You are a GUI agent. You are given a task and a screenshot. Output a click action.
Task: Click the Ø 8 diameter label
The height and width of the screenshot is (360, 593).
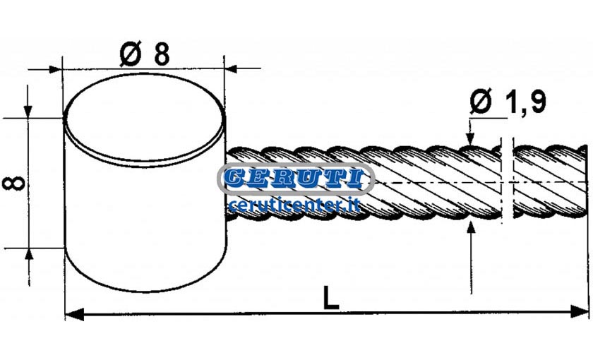click(145, 54)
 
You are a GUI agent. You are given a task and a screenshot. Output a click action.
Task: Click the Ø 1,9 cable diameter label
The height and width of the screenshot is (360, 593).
click(508, 102)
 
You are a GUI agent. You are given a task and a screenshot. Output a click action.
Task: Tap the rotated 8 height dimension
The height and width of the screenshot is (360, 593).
click(13, 183)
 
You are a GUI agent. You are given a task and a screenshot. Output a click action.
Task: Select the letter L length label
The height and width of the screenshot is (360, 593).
click(331, 298)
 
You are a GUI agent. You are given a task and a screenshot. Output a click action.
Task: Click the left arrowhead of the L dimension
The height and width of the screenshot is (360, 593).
click(74, 314)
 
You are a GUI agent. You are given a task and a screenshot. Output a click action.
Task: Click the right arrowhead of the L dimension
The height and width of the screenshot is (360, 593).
click(579, 311)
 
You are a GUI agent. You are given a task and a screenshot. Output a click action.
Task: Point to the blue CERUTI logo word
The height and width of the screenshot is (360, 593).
click(296, 179)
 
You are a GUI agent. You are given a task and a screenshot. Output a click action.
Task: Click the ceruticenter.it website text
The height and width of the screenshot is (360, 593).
click(294, 205)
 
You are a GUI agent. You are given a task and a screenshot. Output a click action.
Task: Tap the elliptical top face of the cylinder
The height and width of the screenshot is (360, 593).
click(145, 116)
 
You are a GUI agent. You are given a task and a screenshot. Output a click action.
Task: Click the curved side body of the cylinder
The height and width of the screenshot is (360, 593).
click(145, 227)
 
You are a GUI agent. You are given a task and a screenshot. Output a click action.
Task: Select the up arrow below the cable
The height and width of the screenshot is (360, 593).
click(471, 257)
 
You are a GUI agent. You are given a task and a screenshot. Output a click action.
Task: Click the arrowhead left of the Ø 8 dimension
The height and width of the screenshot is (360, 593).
click(56, 70)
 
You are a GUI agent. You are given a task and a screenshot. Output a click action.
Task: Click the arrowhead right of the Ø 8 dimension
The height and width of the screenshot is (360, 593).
click(231, 69)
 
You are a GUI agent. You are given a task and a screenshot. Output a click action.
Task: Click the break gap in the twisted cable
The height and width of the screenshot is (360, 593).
click(508, 181)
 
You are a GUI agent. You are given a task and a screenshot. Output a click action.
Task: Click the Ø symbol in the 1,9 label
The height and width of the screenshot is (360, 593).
click(481, 102)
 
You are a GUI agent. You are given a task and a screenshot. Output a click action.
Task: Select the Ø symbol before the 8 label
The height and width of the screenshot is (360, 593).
click(130, 54)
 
